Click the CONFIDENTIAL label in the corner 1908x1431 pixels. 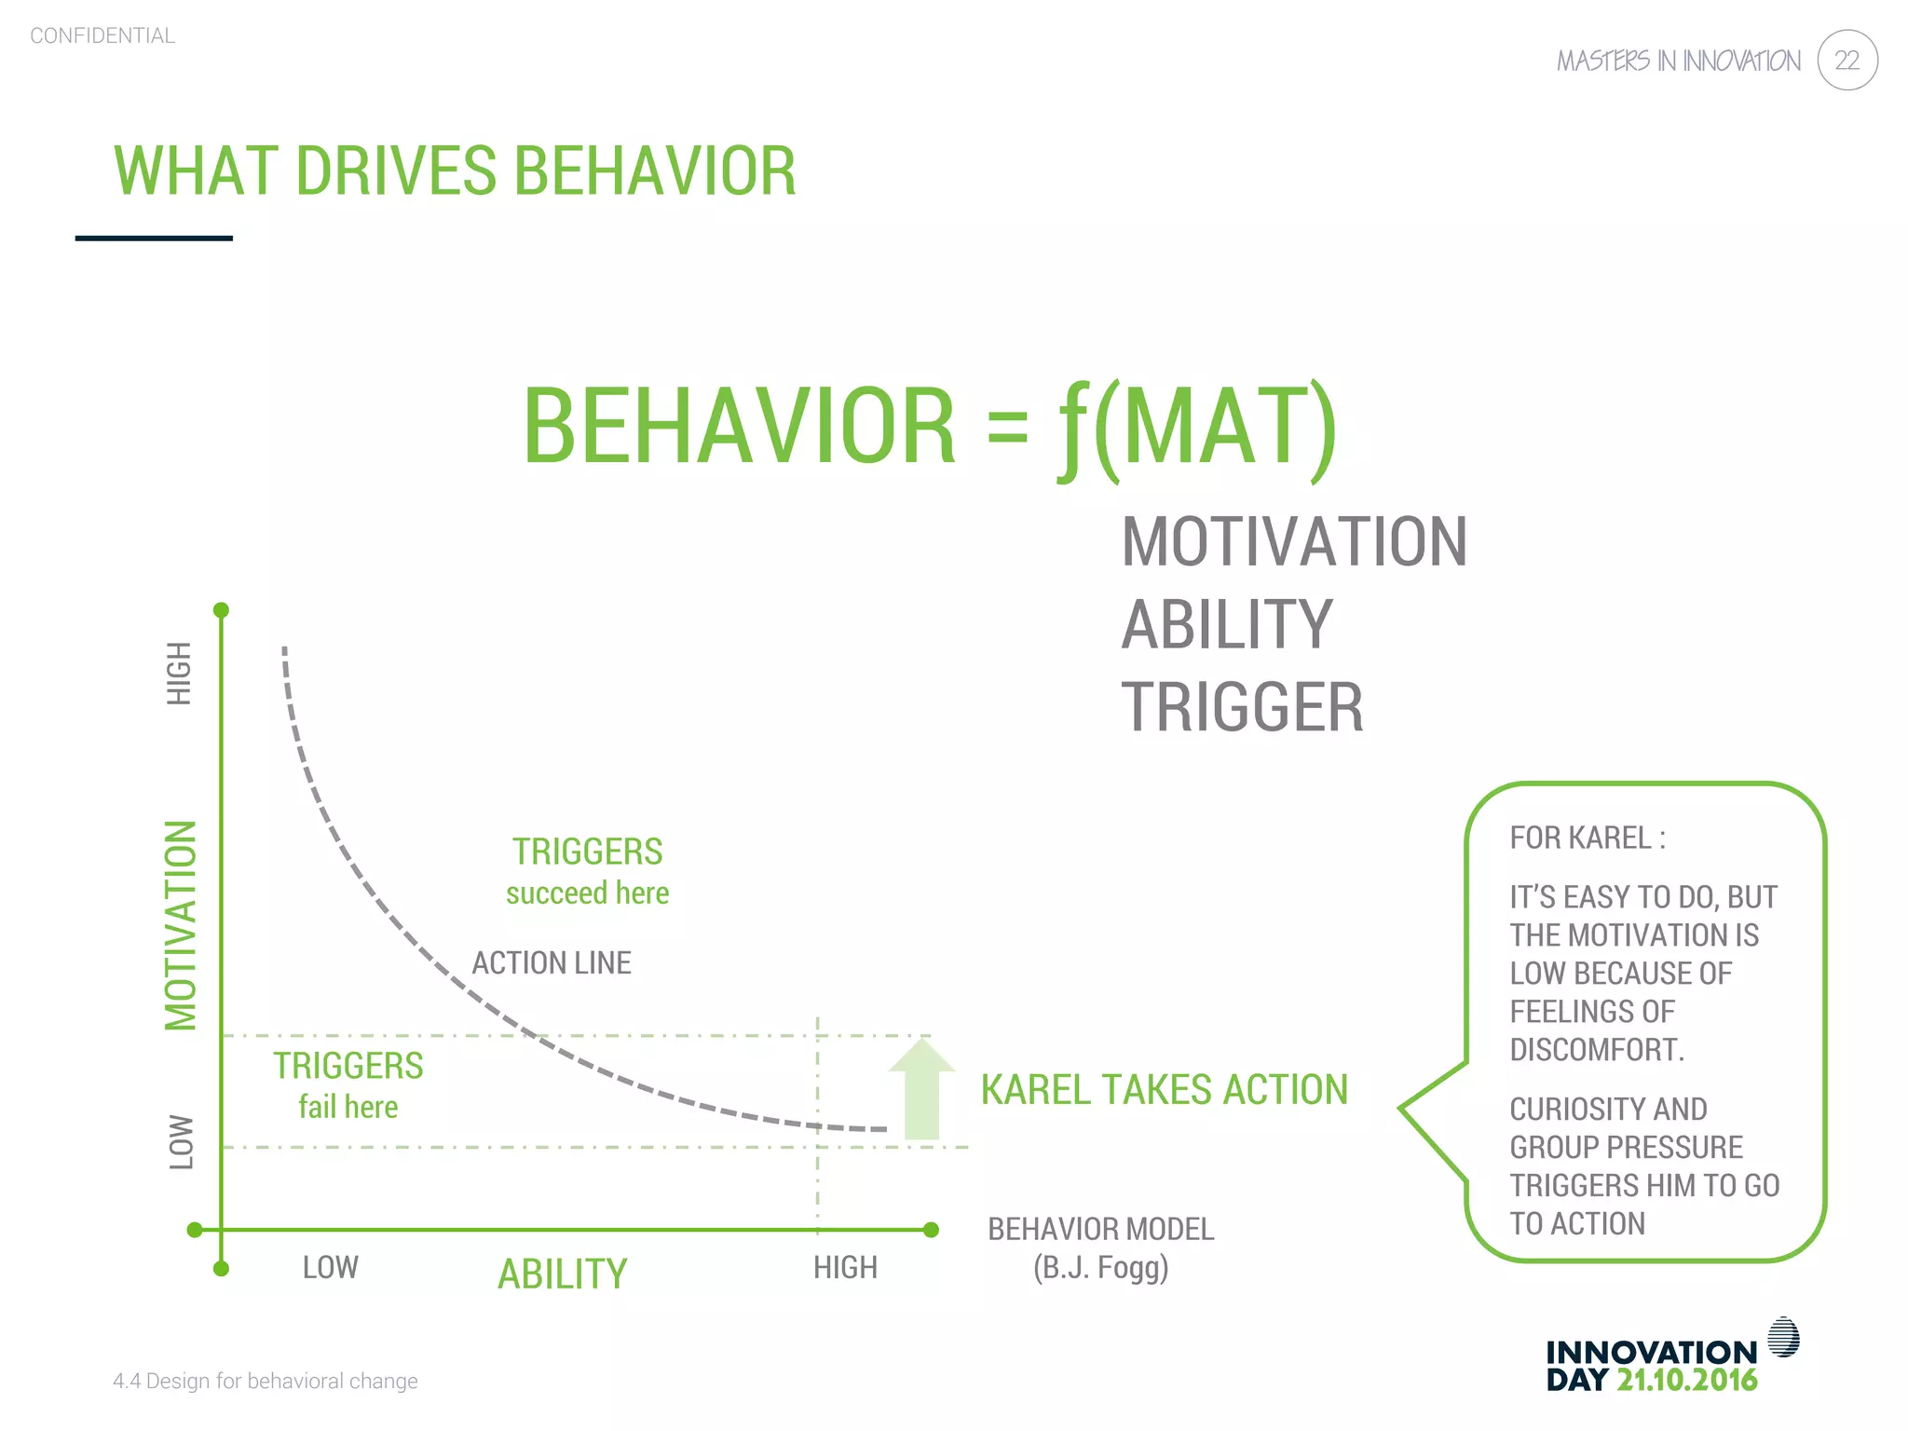click(102, 35)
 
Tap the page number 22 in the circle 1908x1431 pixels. click(1847, 61)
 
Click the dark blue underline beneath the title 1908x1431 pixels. click(154, 238)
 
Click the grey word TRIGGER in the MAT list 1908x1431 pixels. click(1242, 707)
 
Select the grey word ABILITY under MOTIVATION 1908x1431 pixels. click(1227, 624)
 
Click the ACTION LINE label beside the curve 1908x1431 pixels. click(552, 962)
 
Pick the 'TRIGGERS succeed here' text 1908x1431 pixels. click(587, 872)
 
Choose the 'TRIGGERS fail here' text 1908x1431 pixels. click(348, 1086)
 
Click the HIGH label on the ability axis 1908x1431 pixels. click(845, 1268)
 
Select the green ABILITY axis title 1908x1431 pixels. click(563, 1274)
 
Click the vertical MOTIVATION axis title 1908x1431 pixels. click(181, 925)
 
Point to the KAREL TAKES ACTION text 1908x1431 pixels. click(1164, 1090)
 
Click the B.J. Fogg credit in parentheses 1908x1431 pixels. click(1100, 1268)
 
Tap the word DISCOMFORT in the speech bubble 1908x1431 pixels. click(1596, 1050)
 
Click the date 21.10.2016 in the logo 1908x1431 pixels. click(1686, 1380)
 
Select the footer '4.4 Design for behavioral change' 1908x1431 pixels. click(266, 1381)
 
